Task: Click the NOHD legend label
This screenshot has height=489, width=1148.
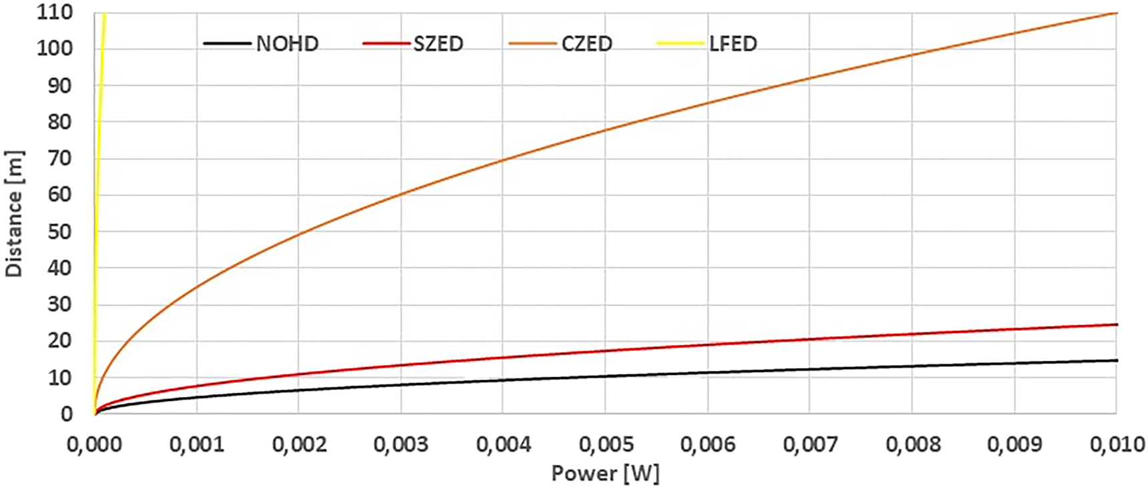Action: [287, 44]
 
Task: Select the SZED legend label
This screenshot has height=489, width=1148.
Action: [438, 44]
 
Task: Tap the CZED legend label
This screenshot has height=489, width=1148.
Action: [587, 44]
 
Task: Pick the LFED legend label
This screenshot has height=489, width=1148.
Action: [733, 44]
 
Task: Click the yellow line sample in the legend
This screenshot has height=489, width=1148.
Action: [681, 44]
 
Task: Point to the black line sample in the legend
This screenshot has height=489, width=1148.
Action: [228, 44]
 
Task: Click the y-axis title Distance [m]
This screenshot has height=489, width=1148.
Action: [14, 213]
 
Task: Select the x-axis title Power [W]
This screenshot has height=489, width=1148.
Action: [605, 474]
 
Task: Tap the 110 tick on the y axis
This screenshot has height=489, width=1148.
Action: [55, 13]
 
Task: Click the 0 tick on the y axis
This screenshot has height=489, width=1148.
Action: [67, 414]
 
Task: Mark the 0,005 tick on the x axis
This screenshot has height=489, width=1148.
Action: [606, 444]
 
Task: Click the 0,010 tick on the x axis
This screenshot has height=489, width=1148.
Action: [1117, 444]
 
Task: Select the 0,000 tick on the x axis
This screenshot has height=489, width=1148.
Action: [94, 444]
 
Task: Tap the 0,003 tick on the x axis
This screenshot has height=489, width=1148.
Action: [401, 444]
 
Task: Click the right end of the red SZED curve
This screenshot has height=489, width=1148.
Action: [1117, 325]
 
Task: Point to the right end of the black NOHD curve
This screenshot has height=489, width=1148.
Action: [1117, 361]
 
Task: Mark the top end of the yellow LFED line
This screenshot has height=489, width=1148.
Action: [104, 14]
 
